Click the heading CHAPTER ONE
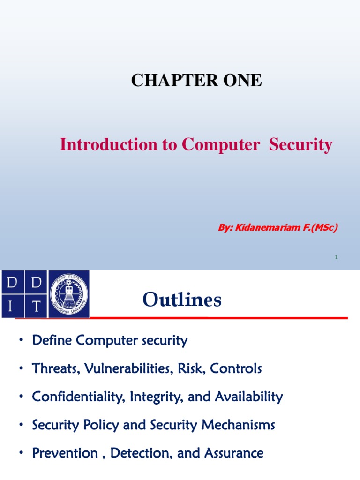[x=196, y=80]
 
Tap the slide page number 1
[x=337, y=257]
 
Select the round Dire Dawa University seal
[x=69, y=294]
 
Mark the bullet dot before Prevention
[x=21, y=454]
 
